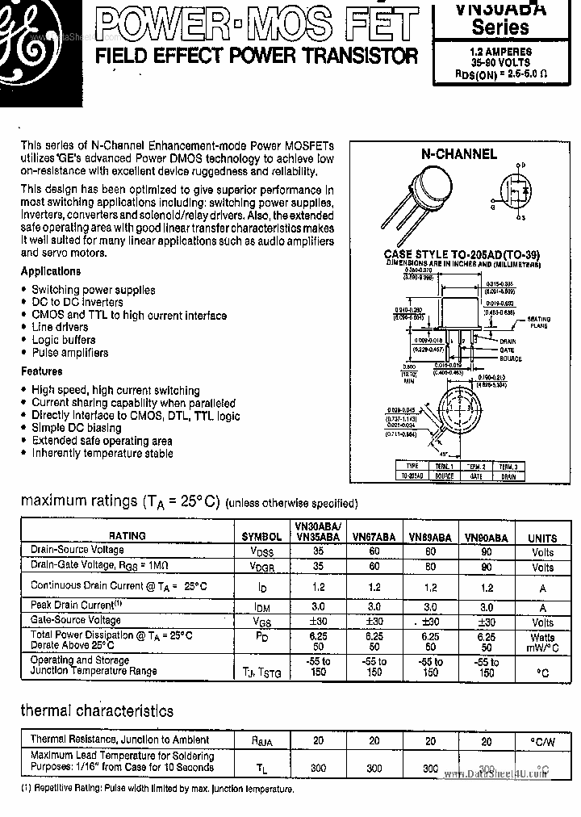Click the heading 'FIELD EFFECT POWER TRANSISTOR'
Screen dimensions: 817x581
click(257, 57)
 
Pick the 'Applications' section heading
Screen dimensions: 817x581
click(51, 271)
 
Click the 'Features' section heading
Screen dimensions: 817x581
click(41, 371)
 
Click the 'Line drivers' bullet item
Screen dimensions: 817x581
click(60, 327)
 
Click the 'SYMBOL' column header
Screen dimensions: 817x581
click(261, 537)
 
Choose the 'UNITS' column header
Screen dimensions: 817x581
click(542, 538)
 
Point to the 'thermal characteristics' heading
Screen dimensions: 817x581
click(97, 711)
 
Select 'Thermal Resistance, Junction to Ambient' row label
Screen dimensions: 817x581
click(119, 739)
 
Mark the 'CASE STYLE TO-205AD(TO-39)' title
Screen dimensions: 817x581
click(462, 254)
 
